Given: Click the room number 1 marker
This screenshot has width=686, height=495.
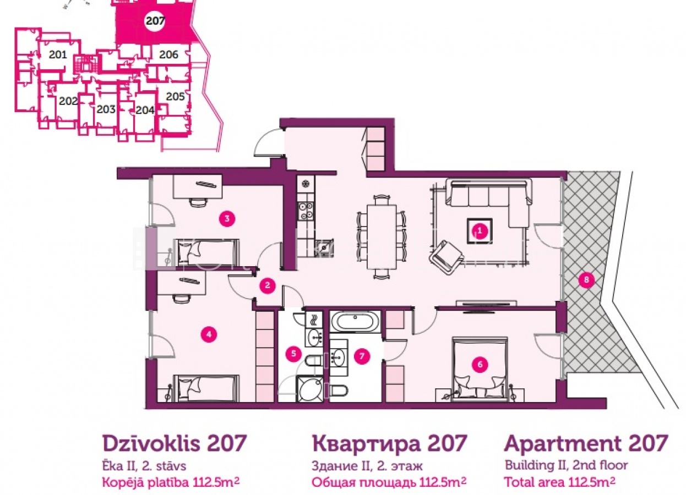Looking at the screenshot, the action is click(x=480, y=231).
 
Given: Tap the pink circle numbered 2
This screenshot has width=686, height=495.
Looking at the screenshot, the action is click(x=268, y=285).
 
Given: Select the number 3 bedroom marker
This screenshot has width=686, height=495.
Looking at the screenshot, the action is click(x=227, y=218).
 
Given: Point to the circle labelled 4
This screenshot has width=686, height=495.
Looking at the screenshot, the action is click(x=209, y=334).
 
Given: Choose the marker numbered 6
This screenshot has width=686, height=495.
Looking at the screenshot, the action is click(x=480, y=364).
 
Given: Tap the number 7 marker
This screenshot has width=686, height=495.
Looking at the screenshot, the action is click(x=362, y=356).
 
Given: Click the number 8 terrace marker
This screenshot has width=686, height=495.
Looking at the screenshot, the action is click(x=586, y=279).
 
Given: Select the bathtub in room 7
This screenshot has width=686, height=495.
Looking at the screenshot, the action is click(x=355, y=321).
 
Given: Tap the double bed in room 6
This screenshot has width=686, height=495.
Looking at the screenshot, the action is click(x=480, y=369).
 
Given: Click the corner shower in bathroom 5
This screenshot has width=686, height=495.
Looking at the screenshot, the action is click(x=309, y=389).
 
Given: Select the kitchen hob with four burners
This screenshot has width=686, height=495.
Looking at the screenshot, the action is click(x=306, y=211).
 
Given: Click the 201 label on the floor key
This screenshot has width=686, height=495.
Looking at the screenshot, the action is click(x=58, y=55).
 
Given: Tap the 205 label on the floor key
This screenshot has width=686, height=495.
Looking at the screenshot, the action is click(x=175, y=97).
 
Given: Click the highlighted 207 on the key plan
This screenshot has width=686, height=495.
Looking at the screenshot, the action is click(x=155, y=21).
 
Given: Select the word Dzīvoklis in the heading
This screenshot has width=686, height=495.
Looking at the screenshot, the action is click(x=151, y=443).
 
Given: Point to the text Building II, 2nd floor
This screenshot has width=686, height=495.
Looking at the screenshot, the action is click(x=567, y=465).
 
